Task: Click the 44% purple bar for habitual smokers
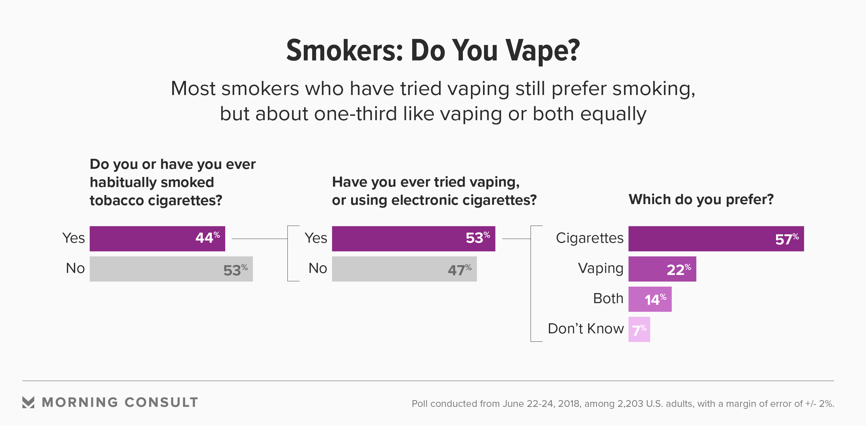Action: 157,238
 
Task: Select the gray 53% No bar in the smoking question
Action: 171,269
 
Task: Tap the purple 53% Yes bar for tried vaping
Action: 414,238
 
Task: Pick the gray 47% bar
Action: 404,269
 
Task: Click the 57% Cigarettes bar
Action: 716,238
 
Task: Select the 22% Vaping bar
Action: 662,269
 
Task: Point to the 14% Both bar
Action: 650,299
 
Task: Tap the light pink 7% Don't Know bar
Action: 639,329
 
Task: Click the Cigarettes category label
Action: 589,238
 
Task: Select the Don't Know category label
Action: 586,329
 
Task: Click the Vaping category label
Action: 600,269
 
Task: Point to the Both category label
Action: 608,298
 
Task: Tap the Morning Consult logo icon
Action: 28,402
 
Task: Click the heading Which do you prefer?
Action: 701,199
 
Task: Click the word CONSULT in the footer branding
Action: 161,402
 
